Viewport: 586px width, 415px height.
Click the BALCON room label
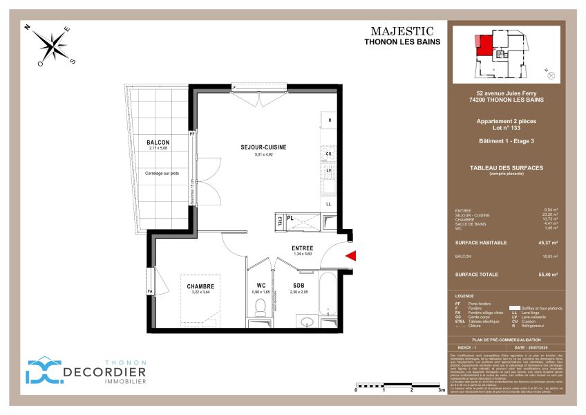click(158, 142)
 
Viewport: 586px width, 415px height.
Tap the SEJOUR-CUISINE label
click(263, 147)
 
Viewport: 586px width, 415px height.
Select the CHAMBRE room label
click(200, 286)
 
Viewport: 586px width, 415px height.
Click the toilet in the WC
click(261, 306)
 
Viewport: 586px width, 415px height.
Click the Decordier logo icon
click(43, 370)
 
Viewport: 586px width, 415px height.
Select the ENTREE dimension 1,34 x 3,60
click(302, 254)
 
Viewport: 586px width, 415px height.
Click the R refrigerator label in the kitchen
click(330, 120)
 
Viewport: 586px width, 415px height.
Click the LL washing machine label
click(330, 204)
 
